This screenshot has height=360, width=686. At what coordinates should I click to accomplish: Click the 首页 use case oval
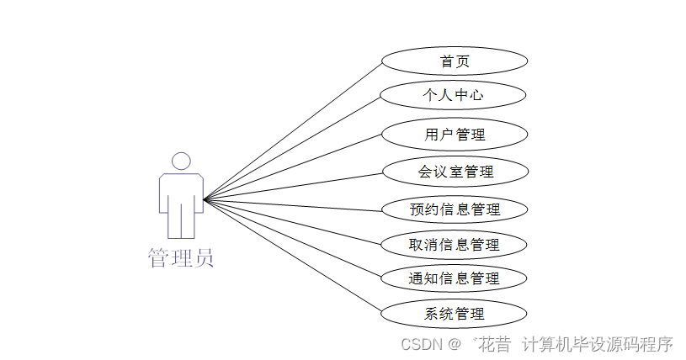455,61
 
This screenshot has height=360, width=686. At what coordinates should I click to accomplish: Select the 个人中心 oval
454,95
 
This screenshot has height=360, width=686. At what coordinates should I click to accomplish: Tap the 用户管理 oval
455,134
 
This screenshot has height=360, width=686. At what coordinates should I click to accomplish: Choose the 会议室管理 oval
455,172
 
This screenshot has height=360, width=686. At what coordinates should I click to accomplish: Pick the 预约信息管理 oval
455,209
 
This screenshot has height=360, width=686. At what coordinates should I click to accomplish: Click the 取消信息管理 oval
455,245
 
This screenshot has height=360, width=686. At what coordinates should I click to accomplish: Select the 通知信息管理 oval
455,278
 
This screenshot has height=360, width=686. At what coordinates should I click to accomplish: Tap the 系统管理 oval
455,314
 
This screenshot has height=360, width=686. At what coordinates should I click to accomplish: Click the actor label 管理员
181,257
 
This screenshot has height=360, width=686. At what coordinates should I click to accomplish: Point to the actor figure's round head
181,161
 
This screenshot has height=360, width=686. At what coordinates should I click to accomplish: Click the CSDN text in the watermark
422,344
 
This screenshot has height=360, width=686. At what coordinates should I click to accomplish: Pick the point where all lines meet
204,200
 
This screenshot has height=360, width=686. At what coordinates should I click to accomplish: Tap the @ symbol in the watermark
455,344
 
